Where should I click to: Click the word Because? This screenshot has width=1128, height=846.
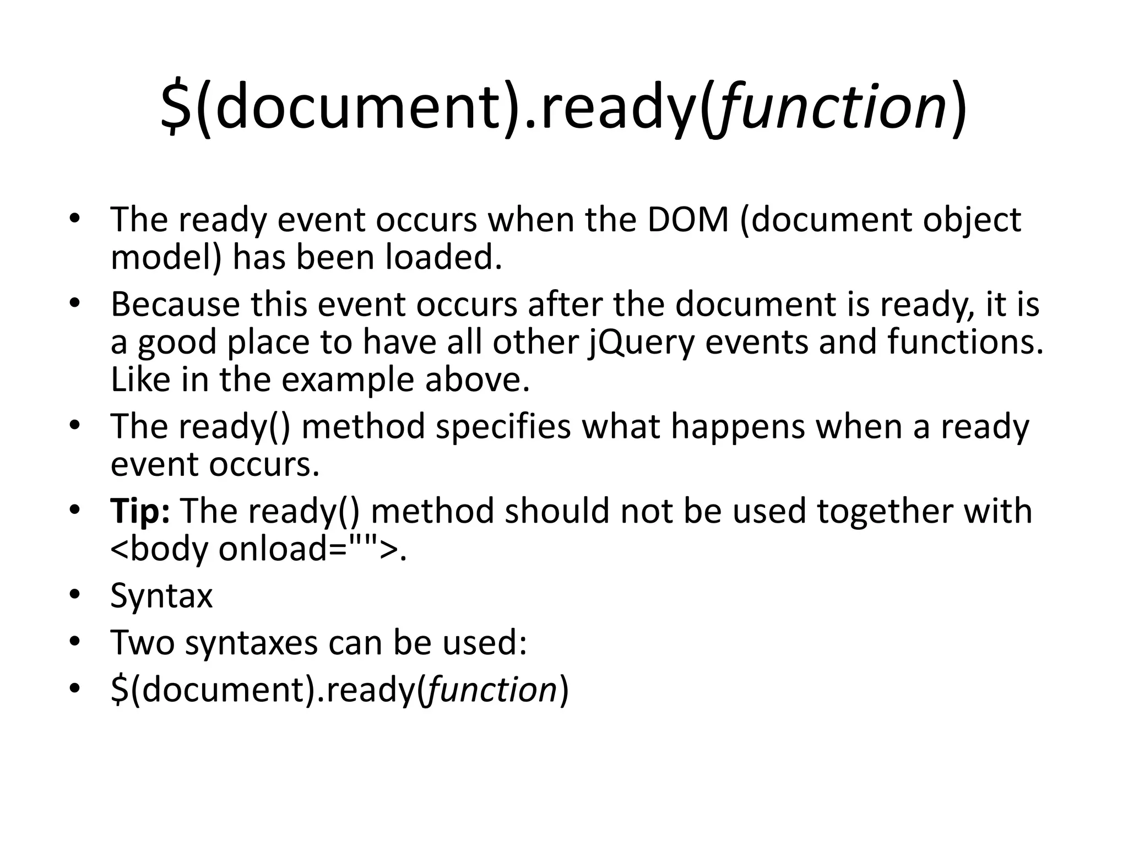(x=175, y=304)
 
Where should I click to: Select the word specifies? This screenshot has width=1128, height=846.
(x=503, y=426)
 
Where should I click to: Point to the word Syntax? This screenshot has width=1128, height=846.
(x=161, y=595)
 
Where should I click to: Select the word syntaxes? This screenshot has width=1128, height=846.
(x=251, y=642)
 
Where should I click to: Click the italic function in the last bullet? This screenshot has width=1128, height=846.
(x=492, y=689)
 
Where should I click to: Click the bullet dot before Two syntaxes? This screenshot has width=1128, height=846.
(x=75, y=642)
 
